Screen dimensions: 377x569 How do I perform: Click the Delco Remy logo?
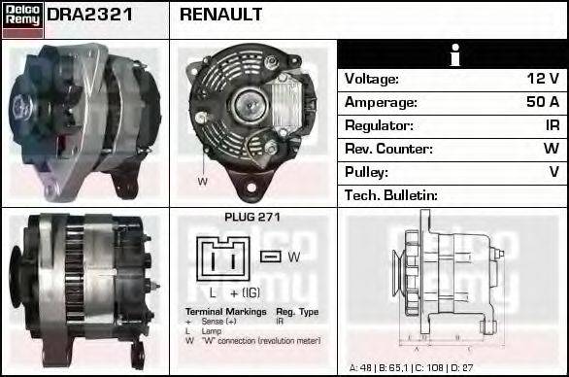[22, 18]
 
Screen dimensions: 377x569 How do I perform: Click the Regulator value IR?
[551, 125]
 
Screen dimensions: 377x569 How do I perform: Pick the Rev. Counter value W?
[551, 149]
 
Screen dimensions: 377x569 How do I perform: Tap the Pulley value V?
[553, 172]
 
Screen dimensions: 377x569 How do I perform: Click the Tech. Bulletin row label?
[391, 195]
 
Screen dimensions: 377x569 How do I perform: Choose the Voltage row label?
[373, 79]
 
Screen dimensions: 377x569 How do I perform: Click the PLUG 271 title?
[251, 218]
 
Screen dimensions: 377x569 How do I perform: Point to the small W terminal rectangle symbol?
[271, 257]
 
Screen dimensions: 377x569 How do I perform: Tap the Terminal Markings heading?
[219, 312]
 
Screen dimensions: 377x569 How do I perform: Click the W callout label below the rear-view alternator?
[203, 182]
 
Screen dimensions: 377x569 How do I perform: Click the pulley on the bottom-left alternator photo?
[17, 280]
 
